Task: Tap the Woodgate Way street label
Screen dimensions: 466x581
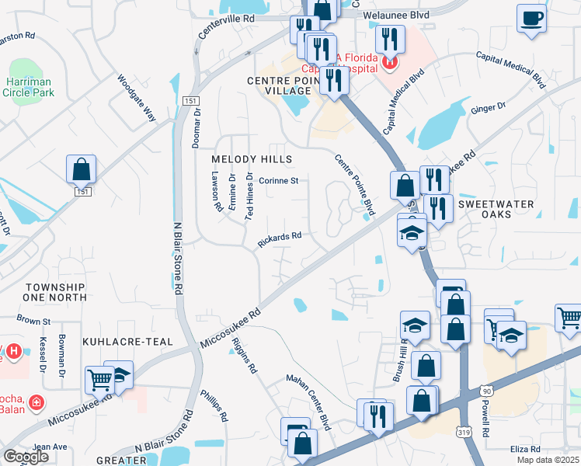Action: [137, 97]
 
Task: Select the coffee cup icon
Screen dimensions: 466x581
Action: [531, 18]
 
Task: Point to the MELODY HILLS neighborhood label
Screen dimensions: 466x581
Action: [252, 159]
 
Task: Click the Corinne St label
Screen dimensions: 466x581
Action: [279, 180]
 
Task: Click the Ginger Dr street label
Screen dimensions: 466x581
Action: [488, 108]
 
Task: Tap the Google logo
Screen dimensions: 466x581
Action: [25, 457]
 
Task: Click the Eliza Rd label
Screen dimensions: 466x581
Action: [525, 448]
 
